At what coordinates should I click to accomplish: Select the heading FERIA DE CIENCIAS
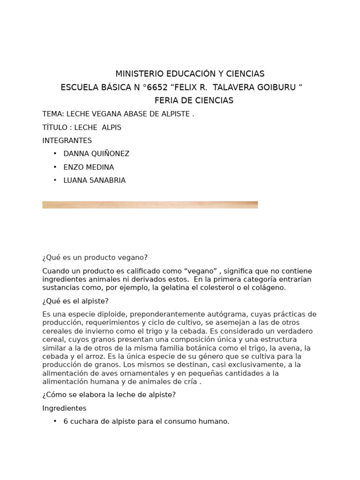(194, 101)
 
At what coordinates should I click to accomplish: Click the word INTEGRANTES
(67, 141)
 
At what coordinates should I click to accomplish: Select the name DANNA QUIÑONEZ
(97, 154)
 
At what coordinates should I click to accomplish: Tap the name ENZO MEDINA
(89, 167)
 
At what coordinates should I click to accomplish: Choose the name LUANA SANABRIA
(95, 180)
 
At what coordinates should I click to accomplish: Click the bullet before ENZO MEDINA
(55, 167)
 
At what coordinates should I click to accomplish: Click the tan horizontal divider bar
(150, 205)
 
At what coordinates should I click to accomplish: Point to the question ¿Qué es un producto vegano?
(95, 257)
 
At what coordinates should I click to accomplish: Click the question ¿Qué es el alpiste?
(75, 301)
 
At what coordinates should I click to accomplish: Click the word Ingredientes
(64, 408)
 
